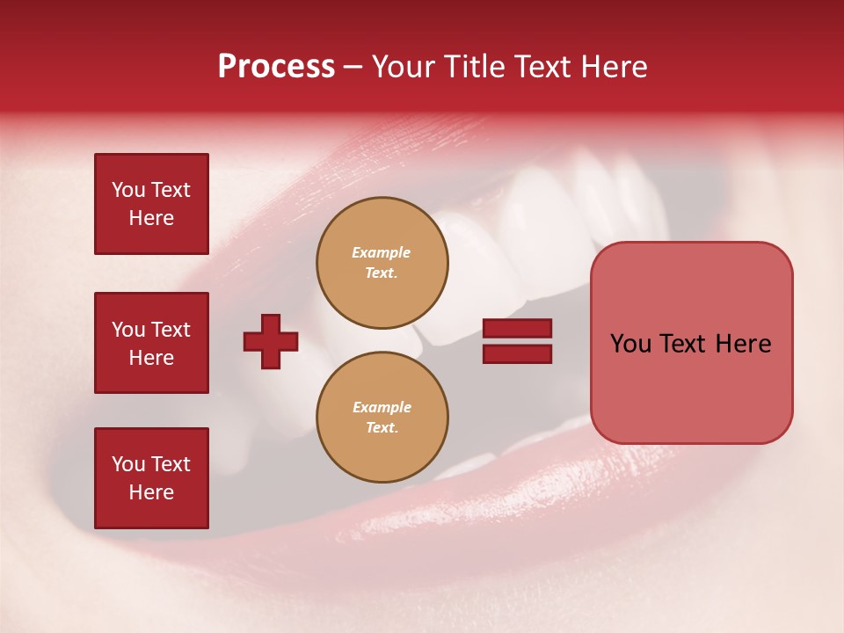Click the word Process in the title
point(276,67)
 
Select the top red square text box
point(151,204)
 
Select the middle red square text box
point(151,343)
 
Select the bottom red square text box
point(151,478)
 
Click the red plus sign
point(271,341)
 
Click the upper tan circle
point(382,263)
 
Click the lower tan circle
point(382,418)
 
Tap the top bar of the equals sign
point(517,328)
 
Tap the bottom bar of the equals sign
point(517,353)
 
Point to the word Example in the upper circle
point(382,252)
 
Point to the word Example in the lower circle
point(382,407)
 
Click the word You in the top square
point(128,190)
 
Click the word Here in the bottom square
point(151,492)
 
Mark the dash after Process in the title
point(353,68)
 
